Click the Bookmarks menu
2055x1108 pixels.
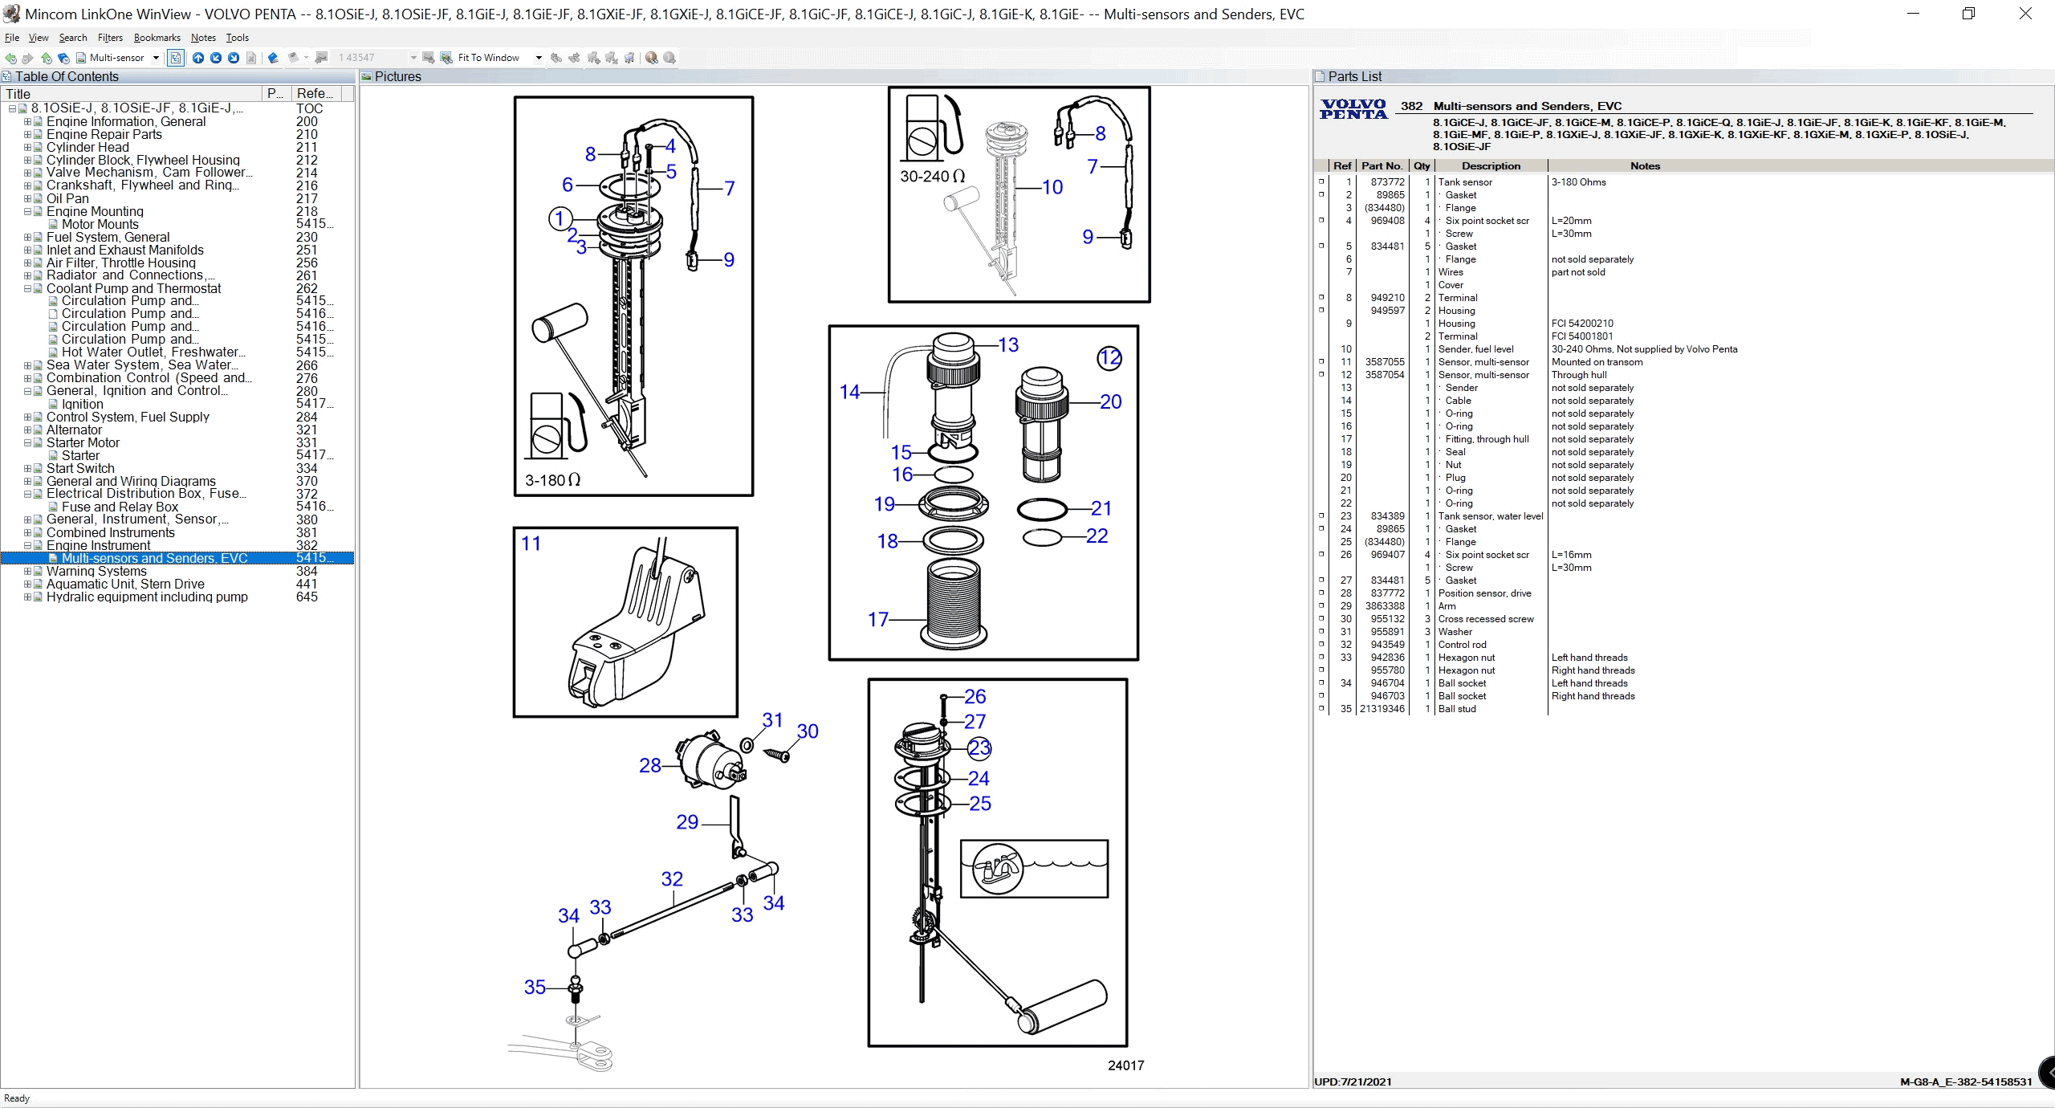[x=157, y=38]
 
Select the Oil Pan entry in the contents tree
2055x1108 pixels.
[x=67, y=198]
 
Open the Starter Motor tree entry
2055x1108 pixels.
[x=83, y=442]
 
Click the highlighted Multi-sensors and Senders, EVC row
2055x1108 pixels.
[x=154, y=558]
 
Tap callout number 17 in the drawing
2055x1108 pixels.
[x=877, y=619]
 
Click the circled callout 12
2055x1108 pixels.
[x=1109, y=358]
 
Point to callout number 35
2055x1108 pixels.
[x=535, y=987]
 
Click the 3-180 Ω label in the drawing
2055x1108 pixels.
[x=552, y=480]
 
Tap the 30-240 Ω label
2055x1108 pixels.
[x=932, y=176]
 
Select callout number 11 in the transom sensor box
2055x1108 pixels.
[x=531, y=544]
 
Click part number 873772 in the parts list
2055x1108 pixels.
[x=1387, y=182]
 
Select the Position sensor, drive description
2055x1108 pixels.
[x=1484, y=593]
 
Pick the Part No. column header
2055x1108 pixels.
[x=1382, y=166]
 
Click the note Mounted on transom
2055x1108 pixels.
[x=1597, y=362]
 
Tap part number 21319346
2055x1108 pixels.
[x=1382, y=709]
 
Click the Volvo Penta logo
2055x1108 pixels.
[x=1353, y=109]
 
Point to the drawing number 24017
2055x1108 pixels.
[x=1125, y=1065]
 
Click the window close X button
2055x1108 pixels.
[x=2025, y=14]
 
